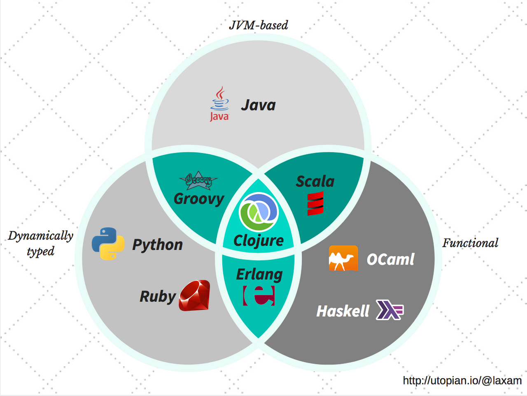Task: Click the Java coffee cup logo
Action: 219,104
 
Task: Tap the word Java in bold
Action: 258,105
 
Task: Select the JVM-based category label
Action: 259,25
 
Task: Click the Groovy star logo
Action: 198,180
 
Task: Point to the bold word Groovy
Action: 199,199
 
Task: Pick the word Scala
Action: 315,181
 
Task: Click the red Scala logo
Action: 315,204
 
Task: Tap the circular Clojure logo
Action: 259,212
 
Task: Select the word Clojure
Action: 259,241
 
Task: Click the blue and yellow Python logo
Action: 108,244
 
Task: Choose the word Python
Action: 157,245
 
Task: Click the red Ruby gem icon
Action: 194,295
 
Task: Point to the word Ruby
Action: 158,296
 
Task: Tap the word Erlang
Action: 259,274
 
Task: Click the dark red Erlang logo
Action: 259,295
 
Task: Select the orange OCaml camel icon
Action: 343,258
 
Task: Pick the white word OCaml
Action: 390,259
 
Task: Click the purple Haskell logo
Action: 389,310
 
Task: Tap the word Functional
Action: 470,243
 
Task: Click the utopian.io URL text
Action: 462,380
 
